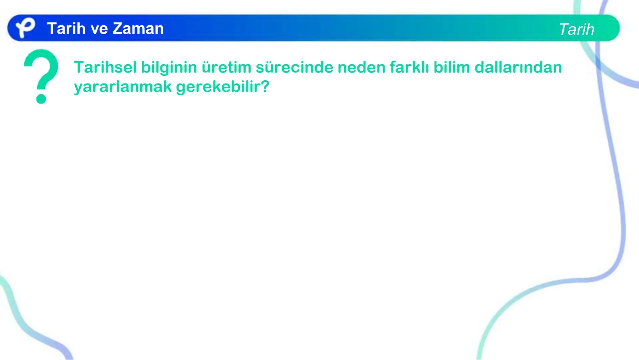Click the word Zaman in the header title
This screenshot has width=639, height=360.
click(x=138, y=28)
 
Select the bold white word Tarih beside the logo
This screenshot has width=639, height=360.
click(x=66, y=28)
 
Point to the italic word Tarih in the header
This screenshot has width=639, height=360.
click(x=576, y=29)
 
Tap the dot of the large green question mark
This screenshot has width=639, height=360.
click(x=41, y=99)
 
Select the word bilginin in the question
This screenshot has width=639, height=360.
click(x=169, y=67)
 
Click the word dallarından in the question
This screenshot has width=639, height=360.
click(x=518, y=67)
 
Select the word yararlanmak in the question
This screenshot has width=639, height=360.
click(x=122, y=87)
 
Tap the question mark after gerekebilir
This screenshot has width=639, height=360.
click(x=265, y=86)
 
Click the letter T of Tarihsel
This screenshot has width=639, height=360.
click(x=79, y=67)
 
